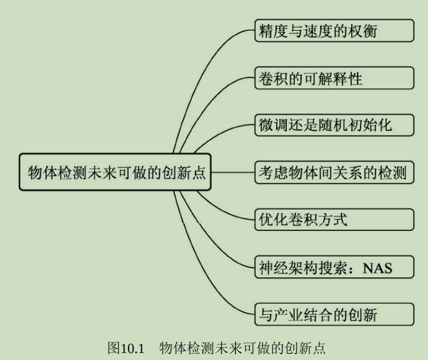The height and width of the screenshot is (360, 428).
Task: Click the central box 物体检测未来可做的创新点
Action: point(115,172)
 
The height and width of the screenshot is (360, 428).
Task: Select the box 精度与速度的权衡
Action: point(334,30)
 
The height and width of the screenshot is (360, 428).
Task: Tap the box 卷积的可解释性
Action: point(334,78)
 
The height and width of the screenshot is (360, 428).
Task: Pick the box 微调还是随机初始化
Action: point(334,125)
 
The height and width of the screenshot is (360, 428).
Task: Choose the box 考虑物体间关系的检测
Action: point(334,172)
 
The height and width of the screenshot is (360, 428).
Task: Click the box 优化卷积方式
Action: point(334,219)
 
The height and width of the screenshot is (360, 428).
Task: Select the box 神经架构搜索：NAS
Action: point(334,267)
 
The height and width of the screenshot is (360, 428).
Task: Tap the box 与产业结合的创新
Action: point(334,314)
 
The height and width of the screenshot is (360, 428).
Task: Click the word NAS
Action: point(377,268)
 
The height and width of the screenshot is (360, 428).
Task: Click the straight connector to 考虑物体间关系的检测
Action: point(233,172)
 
